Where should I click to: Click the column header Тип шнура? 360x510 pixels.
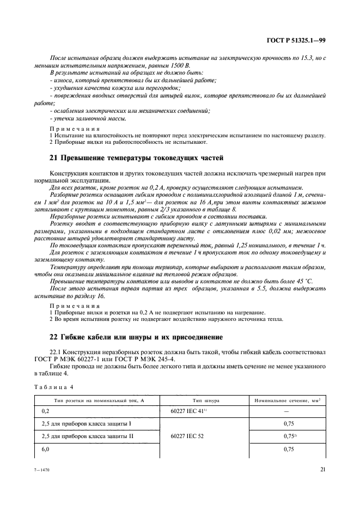204,400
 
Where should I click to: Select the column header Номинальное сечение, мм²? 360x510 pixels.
285,400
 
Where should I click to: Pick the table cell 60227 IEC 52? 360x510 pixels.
187,436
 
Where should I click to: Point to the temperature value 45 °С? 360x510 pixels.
310,281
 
